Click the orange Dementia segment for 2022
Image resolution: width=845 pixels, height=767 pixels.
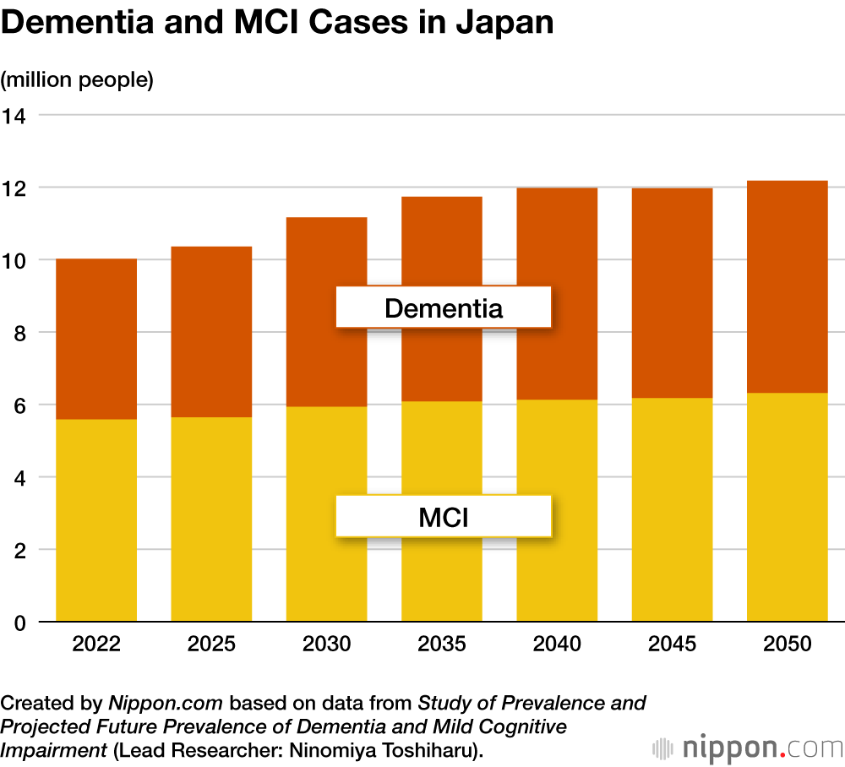point(96,338)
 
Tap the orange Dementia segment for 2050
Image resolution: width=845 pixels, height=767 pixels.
point(787,286)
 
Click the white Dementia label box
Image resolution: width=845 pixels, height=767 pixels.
point(444,307)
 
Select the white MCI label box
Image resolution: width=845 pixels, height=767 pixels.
point(444,516)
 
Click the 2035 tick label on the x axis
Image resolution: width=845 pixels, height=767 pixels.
point(442,645)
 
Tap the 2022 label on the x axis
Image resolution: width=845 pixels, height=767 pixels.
point(96,645)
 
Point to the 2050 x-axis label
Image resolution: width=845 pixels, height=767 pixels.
point(787,645)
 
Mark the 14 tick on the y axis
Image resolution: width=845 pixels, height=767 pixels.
point(14,115)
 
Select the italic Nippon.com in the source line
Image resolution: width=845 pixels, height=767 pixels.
point(166,703)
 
